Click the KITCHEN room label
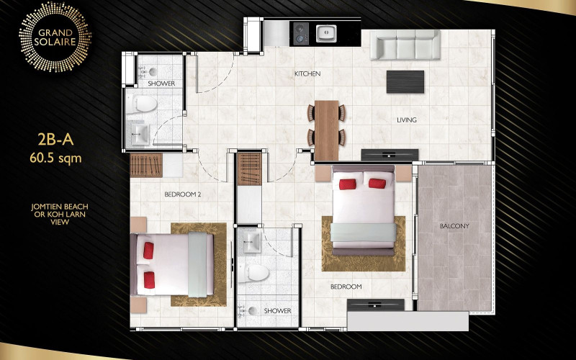click(307, 74)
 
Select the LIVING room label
click(407, 120)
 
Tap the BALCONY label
click(454, 226)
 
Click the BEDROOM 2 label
click(183, 195)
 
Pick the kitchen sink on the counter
click(326, 32)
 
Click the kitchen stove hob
click(300, 32)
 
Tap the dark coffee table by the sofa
click(405, 81)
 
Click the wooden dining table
click(327, 130)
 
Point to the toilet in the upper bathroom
click(145, 105)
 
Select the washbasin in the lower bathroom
click(251, 239)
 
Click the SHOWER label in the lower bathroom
click(277, 311)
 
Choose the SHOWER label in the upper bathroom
click(161, 84)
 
